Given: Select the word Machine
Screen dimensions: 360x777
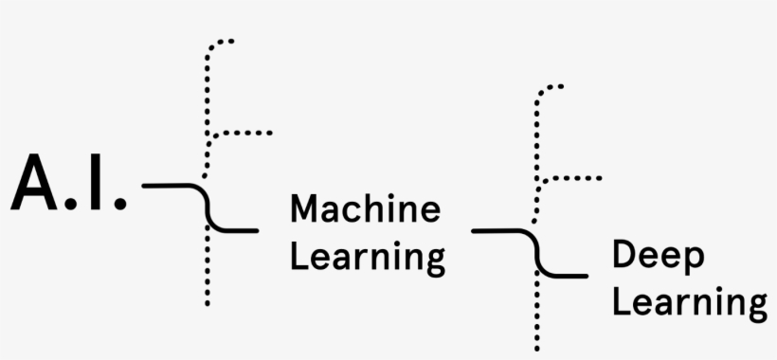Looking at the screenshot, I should tap(365, 208).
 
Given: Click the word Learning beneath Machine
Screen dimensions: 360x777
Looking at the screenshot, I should tap(368, 258).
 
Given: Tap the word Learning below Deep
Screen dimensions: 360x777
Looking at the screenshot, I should tap(690, 305).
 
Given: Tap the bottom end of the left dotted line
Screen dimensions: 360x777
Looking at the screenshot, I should tap(207, 303).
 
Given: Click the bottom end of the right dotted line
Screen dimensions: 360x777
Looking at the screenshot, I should tap(536, 349).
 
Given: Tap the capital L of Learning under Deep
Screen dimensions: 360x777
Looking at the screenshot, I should tap(621, 303).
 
